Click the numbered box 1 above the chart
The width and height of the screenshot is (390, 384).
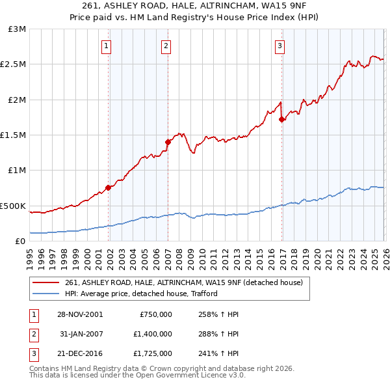tap(106, 46)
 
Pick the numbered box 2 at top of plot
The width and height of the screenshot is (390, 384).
tap(166, 46)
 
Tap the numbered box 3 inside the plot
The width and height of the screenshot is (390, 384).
tap(279, 46)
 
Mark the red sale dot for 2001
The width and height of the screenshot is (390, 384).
tap(108, 187)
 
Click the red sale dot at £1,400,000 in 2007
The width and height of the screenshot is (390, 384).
tap(168, 142)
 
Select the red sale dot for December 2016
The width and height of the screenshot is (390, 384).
tap(281, 119)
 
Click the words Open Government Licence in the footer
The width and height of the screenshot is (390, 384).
tap(196, 376)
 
